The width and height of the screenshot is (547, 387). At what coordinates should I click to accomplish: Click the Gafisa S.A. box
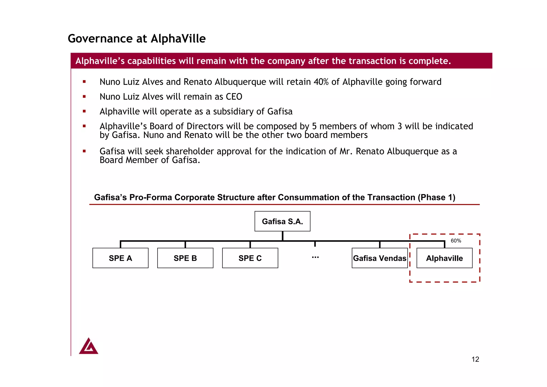coord(282,221)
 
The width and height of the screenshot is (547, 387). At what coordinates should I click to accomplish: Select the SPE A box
coord(120,258)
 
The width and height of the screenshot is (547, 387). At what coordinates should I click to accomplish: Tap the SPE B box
coord(185,258)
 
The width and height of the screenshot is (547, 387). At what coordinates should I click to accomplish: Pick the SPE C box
coord(250,258)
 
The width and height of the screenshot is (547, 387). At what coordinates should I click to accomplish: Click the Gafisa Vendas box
coord(380,258)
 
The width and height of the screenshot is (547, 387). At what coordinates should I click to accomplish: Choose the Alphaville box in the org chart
coord(444,258)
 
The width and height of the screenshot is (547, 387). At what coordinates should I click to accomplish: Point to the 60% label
coord(456,241)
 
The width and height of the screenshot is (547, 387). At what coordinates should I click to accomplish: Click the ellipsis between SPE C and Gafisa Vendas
coord(315,257)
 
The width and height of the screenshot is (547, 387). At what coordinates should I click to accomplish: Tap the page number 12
coord(475,359)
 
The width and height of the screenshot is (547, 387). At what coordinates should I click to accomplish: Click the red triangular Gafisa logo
coord(88,347)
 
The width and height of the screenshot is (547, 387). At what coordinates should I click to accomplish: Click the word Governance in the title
coord(100,39)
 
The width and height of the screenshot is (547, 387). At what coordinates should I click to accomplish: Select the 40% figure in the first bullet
coord(321,82)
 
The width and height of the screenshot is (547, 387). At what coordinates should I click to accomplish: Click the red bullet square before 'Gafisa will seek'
coord(84,151)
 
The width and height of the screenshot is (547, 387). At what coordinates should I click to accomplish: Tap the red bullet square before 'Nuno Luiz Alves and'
coord(84,82)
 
